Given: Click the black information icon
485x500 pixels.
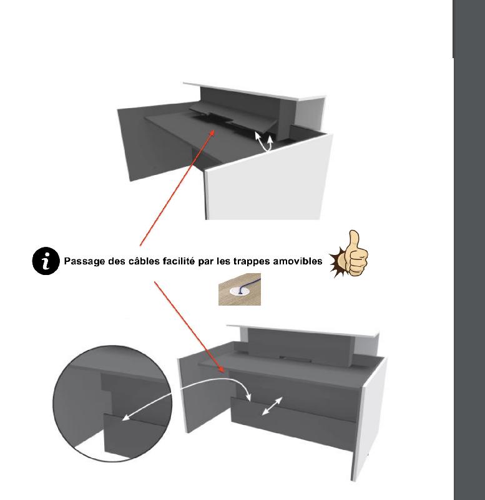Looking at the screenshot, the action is coord(46,261).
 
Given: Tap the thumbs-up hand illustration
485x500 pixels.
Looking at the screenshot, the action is coord(350,254).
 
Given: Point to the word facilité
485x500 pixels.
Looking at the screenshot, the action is coord(179,261).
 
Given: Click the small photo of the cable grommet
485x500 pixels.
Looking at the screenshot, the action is coord(240,289).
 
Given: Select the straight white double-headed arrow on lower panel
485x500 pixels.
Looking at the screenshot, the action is coord(272,406).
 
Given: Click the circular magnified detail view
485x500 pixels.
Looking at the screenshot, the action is coord(112,404).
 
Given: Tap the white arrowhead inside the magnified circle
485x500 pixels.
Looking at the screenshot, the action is coord(127,417).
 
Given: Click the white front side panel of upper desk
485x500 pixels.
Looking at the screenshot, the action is coord(268,179).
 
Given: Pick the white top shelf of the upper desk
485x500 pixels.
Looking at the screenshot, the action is coord(255,91).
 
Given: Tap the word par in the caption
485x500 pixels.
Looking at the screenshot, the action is coord(206,262).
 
